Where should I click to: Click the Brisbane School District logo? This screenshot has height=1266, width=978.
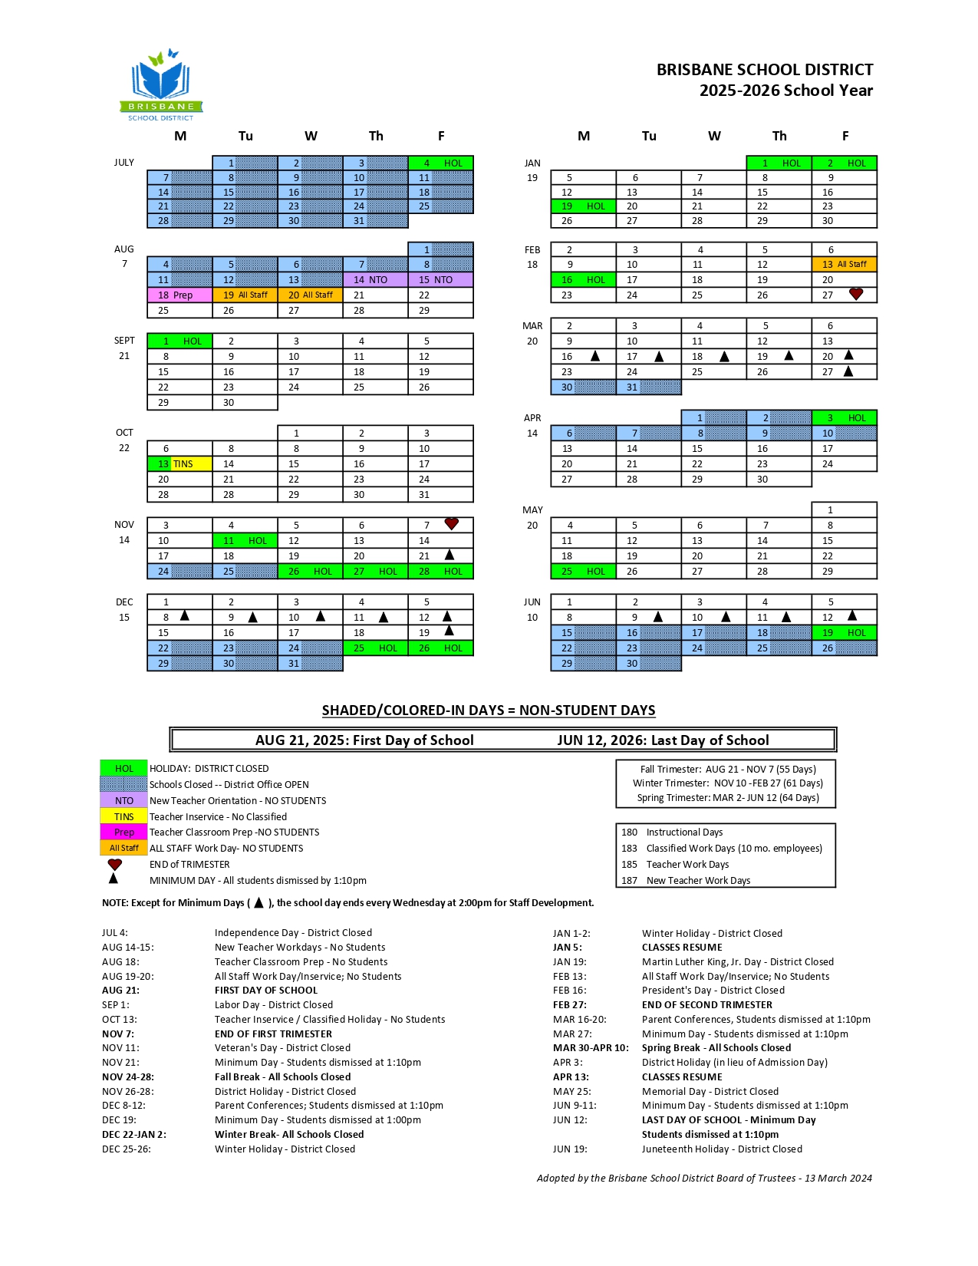pos(161,85)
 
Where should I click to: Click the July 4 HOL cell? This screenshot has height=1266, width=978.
pos(441,163)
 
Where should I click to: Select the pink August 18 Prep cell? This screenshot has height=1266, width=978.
pos(179,295)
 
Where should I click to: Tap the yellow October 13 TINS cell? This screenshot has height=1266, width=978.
pos(179,463)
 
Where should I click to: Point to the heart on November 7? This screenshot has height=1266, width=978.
pos(452,523)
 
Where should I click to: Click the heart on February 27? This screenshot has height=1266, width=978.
pos(856,294)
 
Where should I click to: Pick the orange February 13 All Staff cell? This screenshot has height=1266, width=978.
pos(844,264)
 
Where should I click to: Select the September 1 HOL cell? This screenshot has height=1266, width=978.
pos(179,341)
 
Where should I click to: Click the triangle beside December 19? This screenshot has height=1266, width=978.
pos(449,631)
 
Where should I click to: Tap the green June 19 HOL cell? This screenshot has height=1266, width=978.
pos(844,632)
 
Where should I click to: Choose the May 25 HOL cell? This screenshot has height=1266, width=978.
pos(583,571)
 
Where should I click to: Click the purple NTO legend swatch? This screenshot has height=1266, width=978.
pos(123,800)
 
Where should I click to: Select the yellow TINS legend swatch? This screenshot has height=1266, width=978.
pos(123,816)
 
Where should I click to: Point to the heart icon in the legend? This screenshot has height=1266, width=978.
pos(115,864)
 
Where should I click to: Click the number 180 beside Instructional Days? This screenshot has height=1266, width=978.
pos(629,832)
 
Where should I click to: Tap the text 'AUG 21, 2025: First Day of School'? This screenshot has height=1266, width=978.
pos(364,740)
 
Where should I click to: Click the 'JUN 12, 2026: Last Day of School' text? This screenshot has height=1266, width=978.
pos(663,740)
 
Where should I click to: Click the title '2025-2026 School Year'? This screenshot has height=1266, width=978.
pos(785,91)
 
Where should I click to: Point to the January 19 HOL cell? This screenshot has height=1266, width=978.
pos(583,206)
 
